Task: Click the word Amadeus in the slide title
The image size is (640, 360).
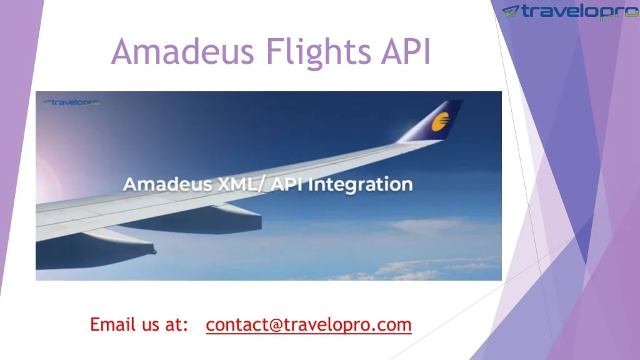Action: (x=182, y=52)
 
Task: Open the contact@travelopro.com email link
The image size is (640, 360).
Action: (x=309, y=325)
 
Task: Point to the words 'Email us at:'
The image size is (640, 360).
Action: (x=139, y=325)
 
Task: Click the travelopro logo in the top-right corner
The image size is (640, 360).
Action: (x=570, y=12)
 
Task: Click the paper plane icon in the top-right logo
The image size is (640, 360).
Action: (x=512, y=11)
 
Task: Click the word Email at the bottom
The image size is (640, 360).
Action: (x=113, y=325)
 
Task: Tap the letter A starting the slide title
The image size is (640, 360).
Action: (x=122, y=52)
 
